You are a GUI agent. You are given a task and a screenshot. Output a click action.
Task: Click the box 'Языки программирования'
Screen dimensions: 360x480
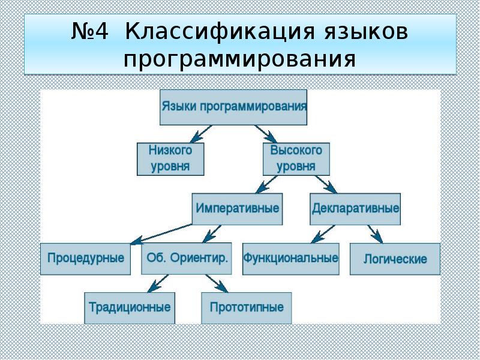233,107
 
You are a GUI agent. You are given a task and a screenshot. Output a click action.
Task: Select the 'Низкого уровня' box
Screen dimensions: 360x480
170,158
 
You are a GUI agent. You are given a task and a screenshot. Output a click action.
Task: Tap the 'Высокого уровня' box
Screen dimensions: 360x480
296,158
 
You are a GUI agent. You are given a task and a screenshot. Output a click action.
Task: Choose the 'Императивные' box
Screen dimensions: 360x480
237,209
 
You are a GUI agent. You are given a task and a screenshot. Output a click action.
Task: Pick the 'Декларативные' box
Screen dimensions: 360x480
355,209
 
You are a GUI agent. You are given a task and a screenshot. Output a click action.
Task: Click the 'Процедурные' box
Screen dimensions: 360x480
85,259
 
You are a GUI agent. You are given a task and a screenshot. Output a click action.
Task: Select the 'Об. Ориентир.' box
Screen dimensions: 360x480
187,259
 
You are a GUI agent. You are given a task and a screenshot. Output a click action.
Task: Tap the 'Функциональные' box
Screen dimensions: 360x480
290,259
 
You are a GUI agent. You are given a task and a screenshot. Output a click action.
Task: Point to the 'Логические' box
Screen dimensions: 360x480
395,259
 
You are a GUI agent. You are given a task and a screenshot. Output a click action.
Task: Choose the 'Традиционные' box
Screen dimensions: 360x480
130,308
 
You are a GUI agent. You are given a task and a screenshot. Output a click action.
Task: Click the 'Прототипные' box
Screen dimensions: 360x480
247,308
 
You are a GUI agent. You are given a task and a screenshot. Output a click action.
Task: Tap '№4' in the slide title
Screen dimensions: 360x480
90,33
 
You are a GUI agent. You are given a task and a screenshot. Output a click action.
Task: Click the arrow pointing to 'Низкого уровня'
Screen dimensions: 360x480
199,133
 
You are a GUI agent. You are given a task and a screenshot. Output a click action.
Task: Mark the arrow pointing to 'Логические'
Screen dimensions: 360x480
374,233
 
